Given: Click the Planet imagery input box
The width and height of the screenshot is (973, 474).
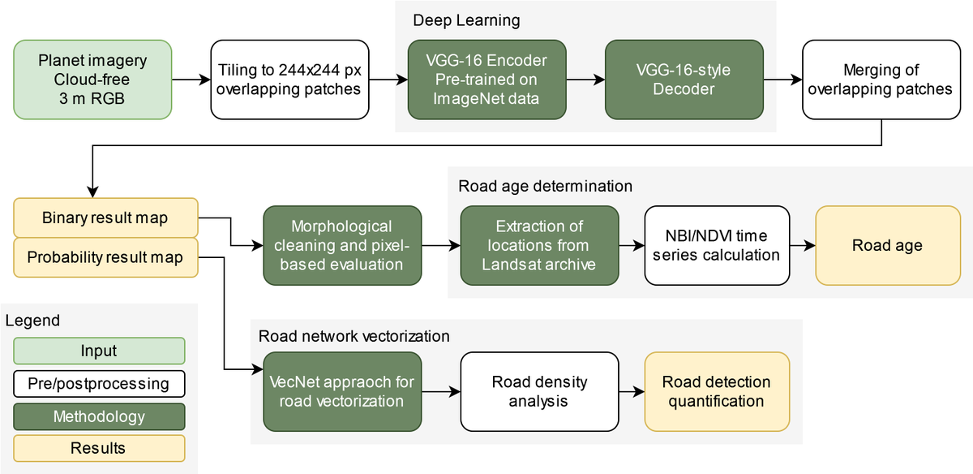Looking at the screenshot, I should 92,80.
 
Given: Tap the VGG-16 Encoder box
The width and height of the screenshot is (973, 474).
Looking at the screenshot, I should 486,80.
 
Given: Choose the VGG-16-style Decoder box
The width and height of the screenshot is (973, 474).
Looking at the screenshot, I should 684,80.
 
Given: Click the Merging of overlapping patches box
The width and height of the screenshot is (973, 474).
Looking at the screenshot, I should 881,80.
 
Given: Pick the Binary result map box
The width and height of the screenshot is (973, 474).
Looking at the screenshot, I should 105,218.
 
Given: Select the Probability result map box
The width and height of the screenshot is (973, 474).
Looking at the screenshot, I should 105,258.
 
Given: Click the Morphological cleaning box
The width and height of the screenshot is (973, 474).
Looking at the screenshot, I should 342,245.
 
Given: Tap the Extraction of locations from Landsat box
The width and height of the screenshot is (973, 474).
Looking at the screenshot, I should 539,245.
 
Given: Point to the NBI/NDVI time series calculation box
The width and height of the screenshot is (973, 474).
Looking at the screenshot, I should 717,245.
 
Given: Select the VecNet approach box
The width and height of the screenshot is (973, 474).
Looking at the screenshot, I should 342,391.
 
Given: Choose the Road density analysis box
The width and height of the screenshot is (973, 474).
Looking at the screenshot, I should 539,391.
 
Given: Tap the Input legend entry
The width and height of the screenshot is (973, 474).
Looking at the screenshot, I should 99,351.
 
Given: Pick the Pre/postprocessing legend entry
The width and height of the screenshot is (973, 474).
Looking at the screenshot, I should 99,383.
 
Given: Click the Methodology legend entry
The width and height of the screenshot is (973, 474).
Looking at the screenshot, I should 99,416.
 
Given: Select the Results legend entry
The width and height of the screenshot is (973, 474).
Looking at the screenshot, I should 99,448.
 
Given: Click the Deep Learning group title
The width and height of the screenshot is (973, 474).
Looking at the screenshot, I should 455,19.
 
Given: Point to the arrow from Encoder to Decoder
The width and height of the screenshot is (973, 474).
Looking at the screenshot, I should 585,80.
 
